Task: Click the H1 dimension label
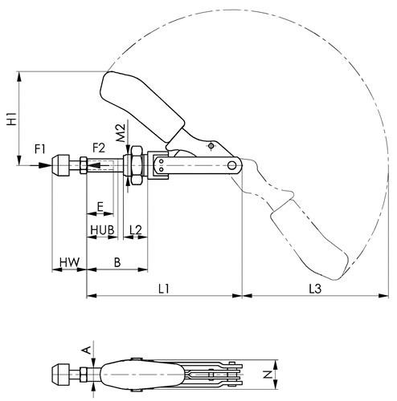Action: [x=12, y=119]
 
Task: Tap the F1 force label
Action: [x=40, y=149]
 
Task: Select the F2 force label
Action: [x=99, y=148]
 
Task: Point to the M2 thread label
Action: [x=121, y=133]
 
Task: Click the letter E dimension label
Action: [x=100, y=207]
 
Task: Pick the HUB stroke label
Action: [x=102, y=230]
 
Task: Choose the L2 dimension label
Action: [x=136, y=230]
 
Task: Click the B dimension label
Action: [x=117, y=262]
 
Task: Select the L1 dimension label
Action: [x=164, y=289]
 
